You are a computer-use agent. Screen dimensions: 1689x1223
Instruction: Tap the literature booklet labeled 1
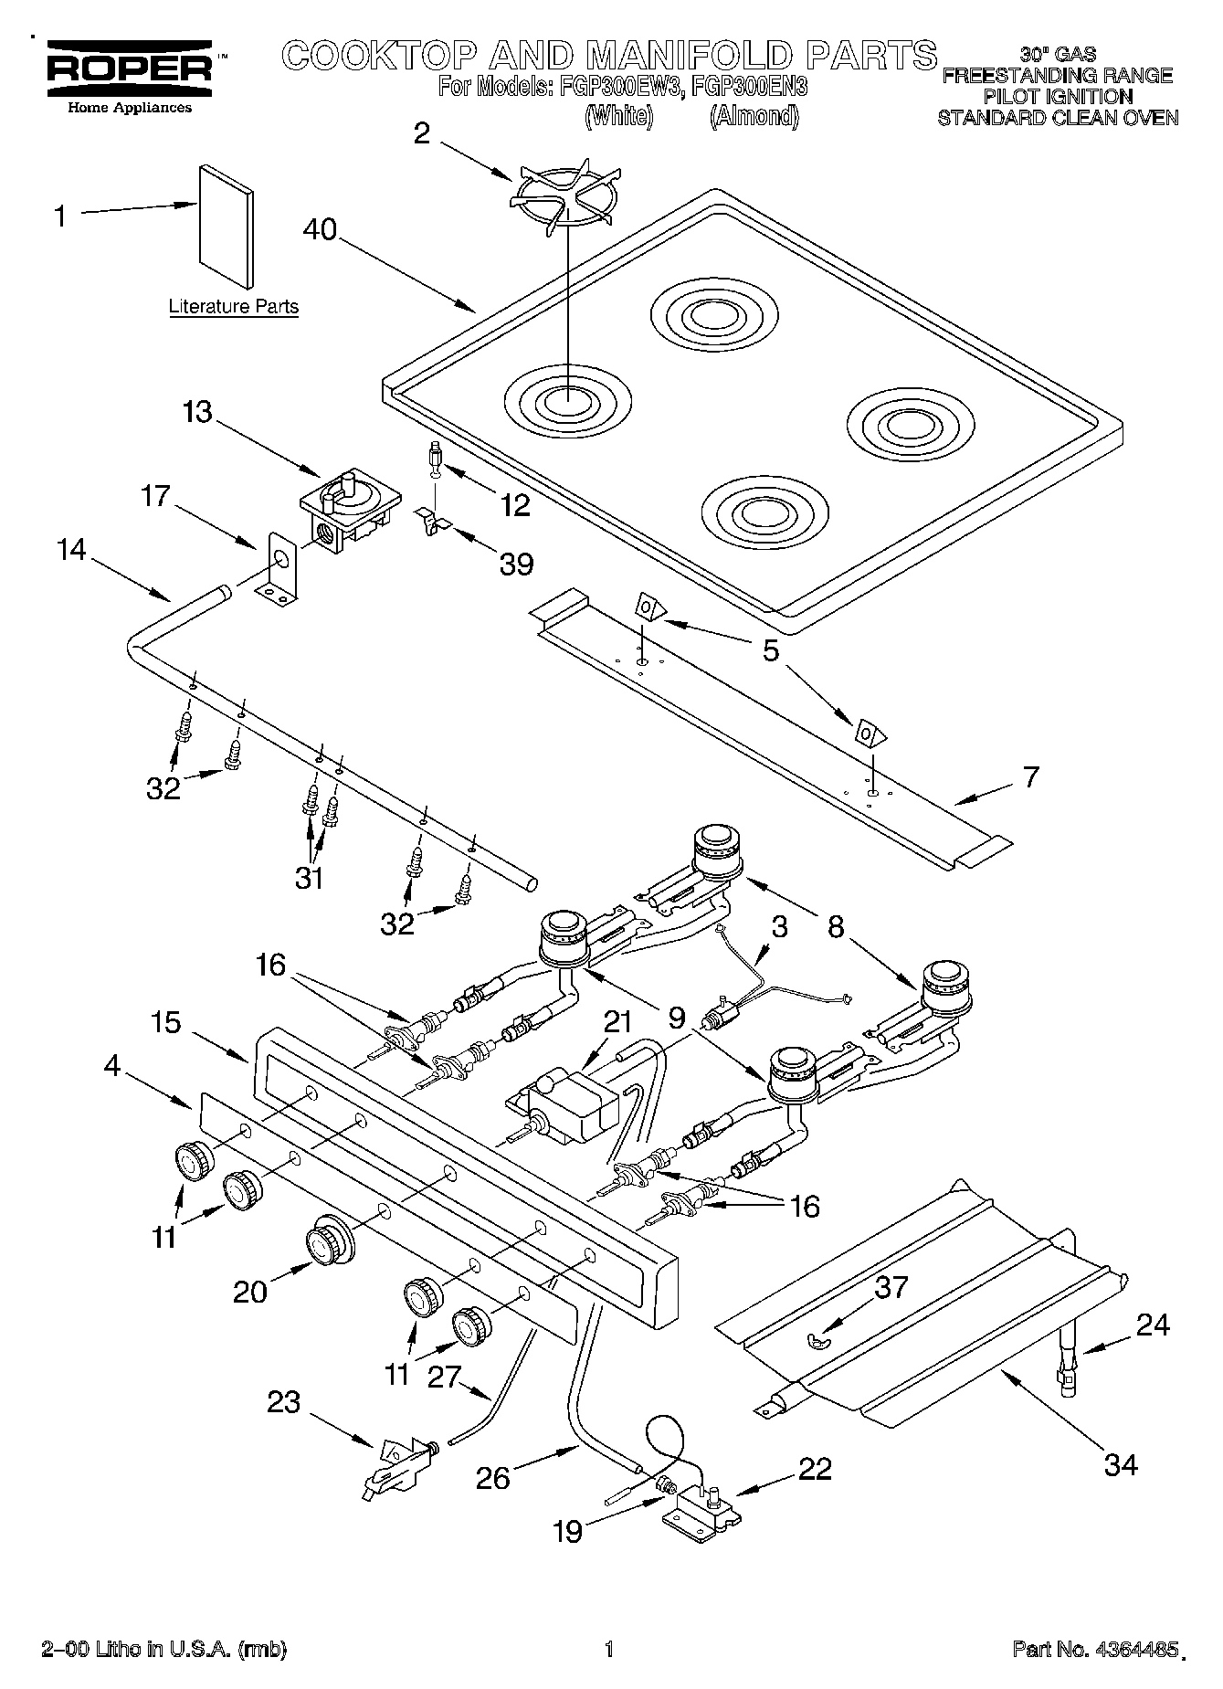tap(226, 226)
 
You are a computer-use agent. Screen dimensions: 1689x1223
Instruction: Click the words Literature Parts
tap(234, 307)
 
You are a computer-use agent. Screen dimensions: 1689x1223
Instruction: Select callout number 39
tap(516, 564)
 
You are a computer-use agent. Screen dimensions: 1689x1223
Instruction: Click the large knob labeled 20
tap(327, 1244)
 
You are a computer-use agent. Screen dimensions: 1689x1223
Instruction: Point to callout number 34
tap(1121, 1464)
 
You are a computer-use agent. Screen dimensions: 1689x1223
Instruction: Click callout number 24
tap(1152, 1325)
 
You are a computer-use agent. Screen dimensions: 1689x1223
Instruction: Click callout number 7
tap(1029, 777)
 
